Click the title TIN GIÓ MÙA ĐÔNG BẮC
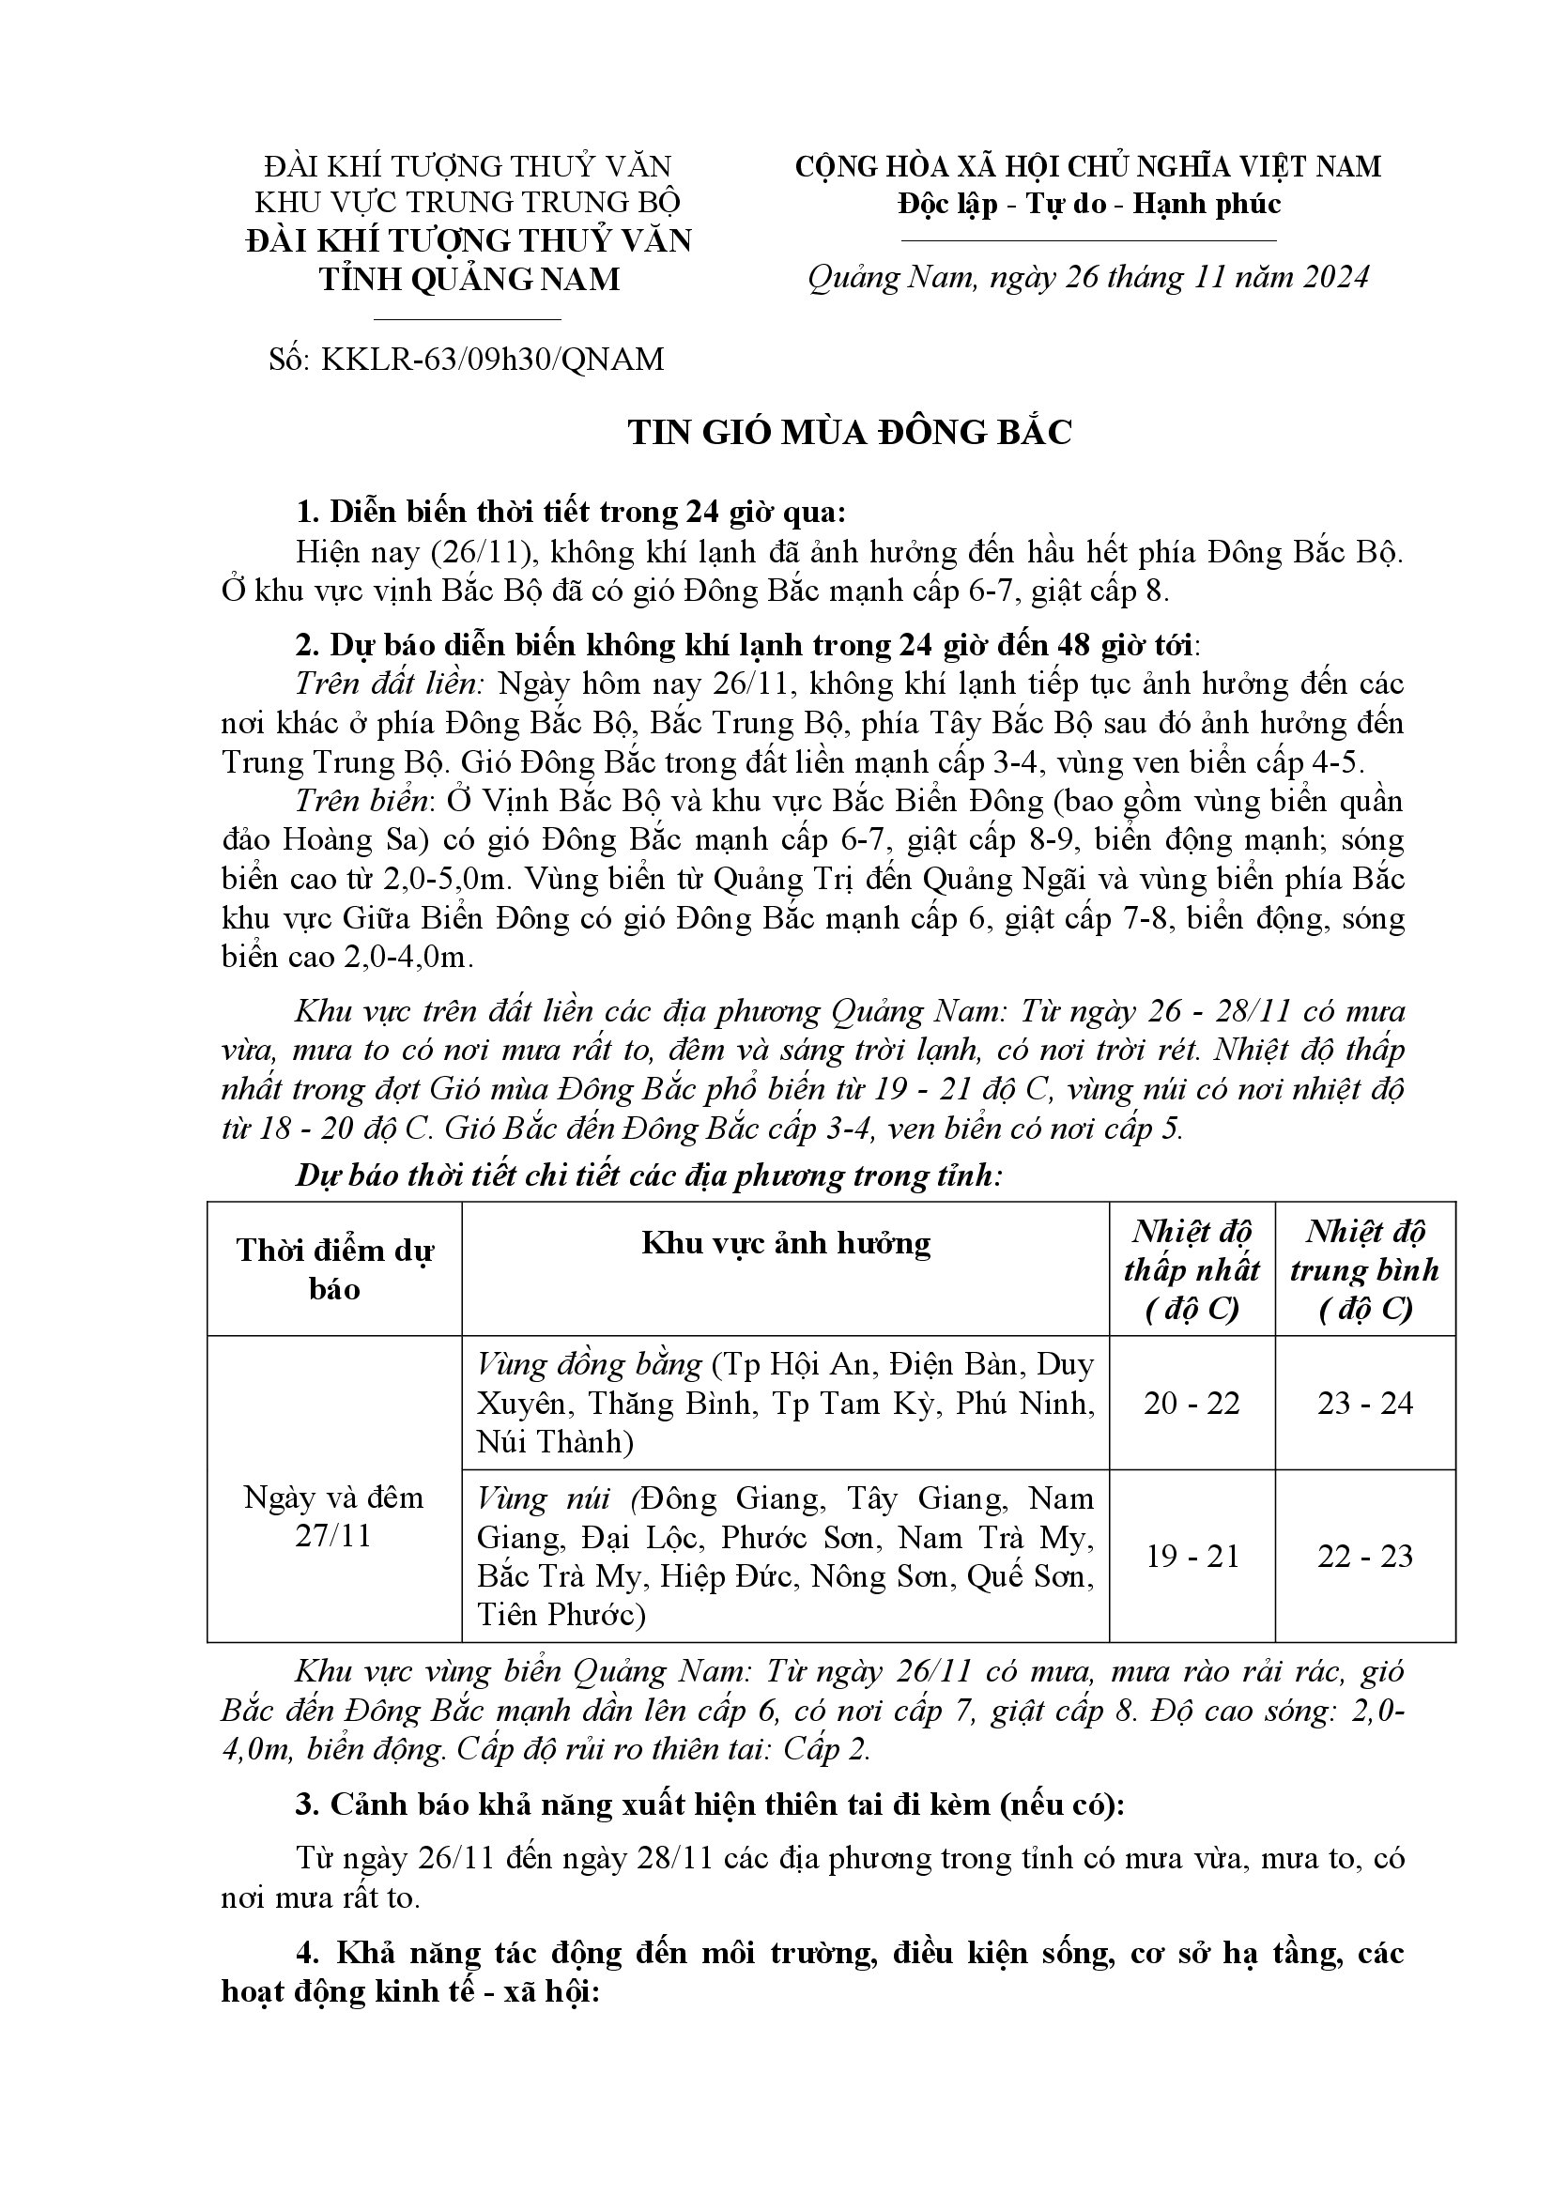pos(850,432)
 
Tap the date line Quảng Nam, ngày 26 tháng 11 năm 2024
pos(1088,276)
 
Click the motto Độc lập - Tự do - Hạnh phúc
pos(1088,204)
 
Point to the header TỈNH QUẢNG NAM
pos(469,278)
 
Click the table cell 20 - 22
pos(1192,1403)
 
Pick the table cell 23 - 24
pos(1364,1403)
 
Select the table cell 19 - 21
pos(1192,1556)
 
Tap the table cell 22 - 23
pos(1364,1556)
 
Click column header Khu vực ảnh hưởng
pos(785,1243)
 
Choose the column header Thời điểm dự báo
pos(334,1268)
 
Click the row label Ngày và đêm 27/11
pos(333,1516)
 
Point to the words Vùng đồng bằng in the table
pos(589,1364)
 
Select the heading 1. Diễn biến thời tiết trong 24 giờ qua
pos(571,513)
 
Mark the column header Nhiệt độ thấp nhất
pos(1192,1269)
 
